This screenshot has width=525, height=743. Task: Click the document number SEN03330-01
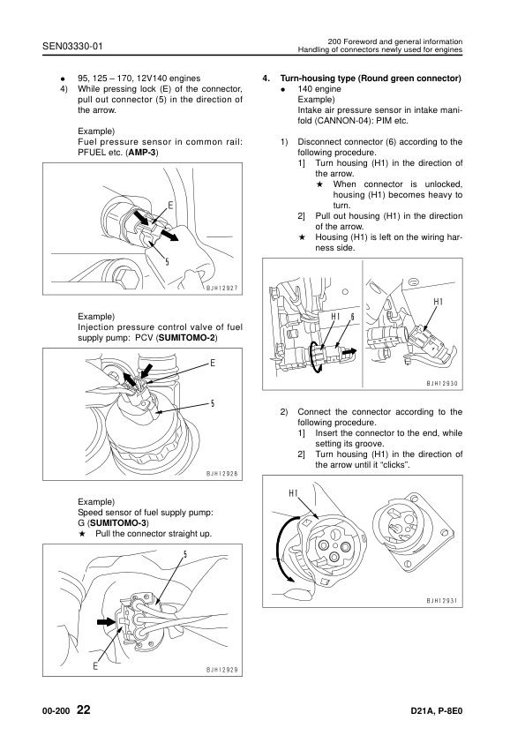pyautogui.click(x=72, y=46)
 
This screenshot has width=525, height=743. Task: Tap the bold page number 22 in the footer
pyautogui.click(x=84, y=709)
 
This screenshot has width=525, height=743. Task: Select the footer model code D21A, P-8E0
pyautogui.click(x=437, y=711)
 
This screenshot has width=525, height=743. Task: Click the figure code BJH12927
pyautogui.click(x=221, y=288)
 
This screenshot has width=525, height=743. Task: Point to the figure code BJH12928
pyautogui.click(x=221, y=473)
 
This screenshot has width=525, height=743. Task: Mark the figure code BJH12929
pyautogui.click(x=221, y=670)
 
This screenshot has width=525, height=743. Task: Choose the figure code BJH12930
pyautogui.click(x=441, y=383)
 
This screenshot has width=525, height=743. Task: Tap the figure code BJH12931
pyautogui.click(x=441, y=600)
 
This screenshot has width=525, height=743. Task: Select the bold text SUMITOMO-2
pyautogui.click(x=187, y=338)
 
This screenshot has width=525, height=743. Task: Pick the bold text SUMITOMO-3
pyautogui.click(x=119, y=523)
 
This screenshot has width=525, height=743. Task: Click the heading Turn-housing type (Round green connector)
pyautogui.click(x=371, y=79)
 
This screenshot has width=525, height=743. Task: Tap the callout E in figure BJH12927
pyautogui.click(x=170, y=206)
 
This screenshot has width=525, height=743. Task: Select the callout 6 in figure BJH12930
pyautogui.click(x=353, y=317)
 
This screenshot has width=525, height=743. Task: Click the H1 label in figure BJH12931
pyautogui.click(x=293, y=493)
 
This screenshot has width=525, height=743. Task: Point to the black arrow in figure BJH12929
pyautogui.click(x=106, y=621)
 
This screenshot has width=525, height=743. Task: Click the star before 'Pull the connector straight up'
pyautogui.click(x=82, y=534)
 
